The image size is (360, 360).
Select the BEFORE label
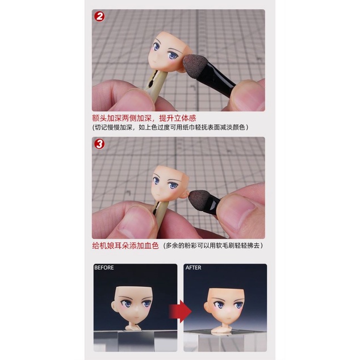tap(104, 267)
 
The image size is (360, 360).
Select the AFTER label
tap(194, 267)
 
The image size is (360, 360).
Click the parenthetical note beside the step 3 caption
tap(213, 245)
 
